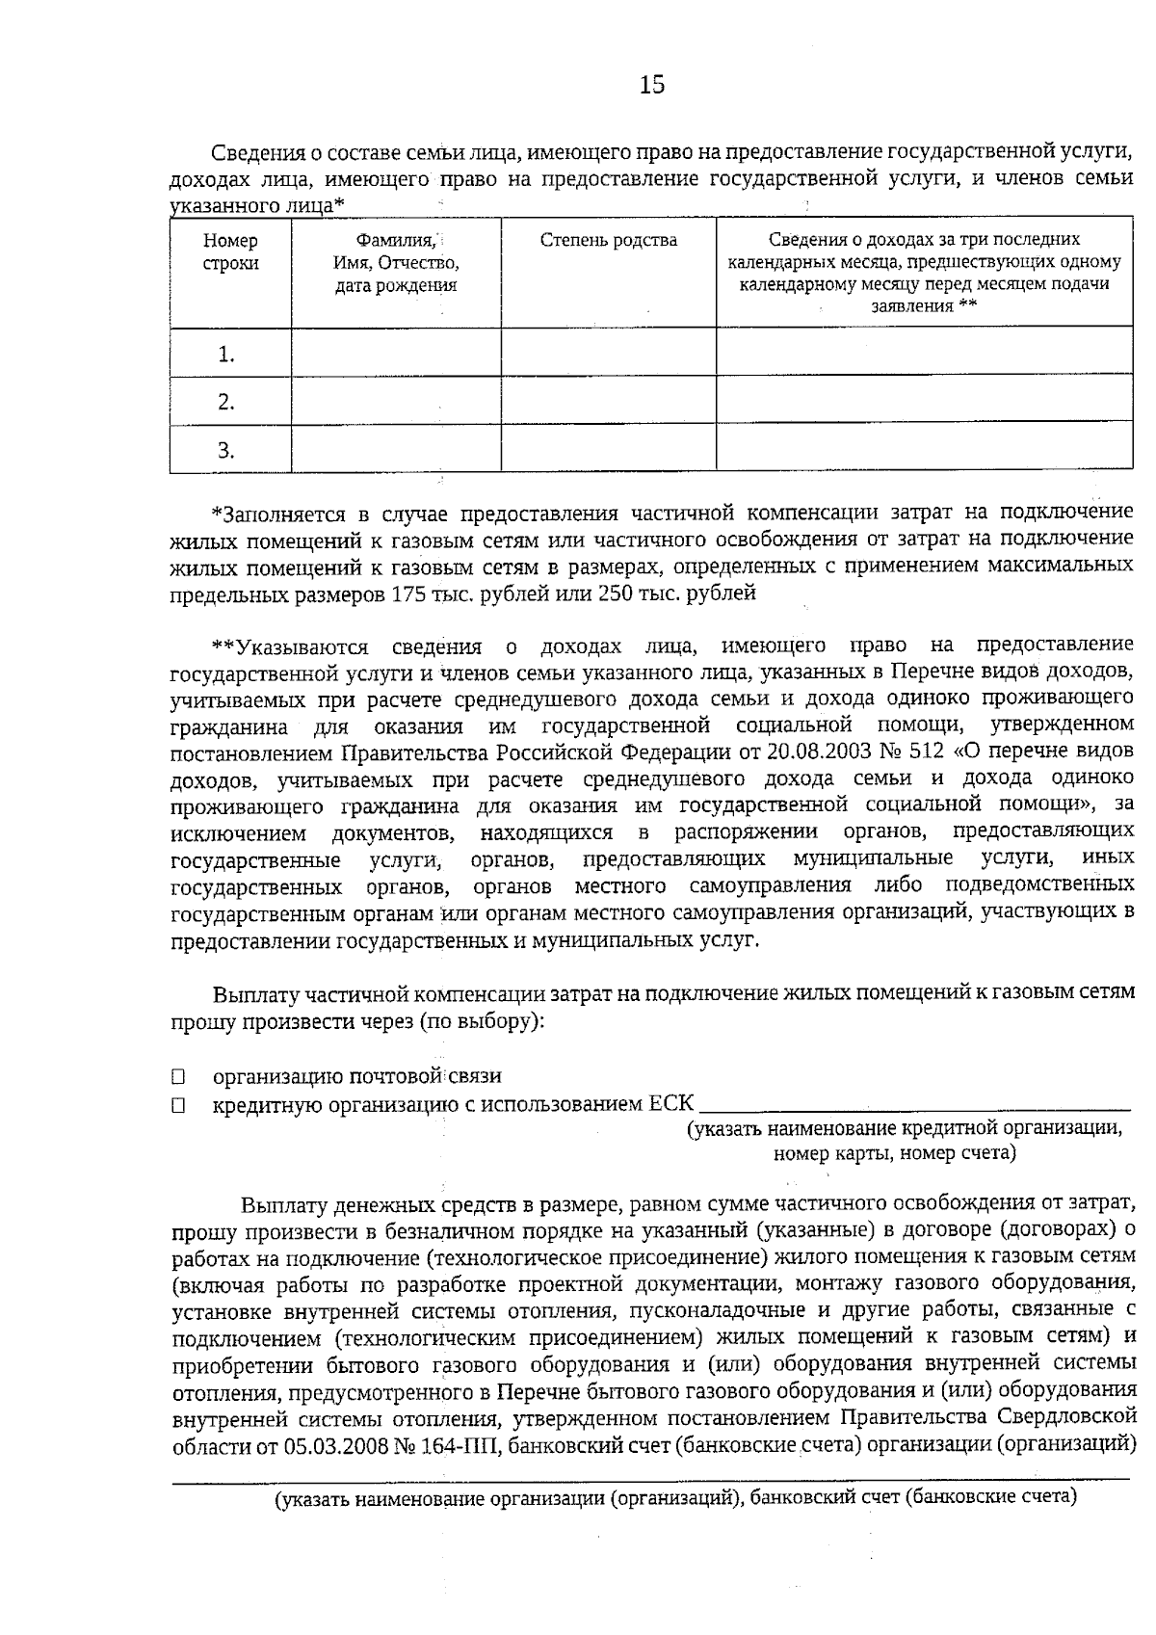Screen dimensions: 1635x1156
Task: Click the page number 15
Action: (652, 85)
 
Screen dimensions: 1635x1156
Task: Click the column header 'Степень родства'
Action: (608, 241)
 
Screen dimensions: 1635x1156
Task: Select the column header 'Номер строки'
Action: (230, 252)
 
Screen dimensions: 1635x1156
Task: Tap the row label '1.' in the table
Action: (226, 355)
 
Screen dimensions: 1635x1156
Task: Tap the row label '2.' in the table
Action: (226, 402)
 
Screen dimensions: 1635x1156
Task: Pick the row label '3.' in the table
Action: (226, 450)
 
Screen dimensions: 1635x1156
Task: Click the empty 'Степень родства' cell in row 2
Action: (608, 399)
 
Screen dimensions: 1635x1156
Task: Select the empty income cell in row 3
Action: (924, 448)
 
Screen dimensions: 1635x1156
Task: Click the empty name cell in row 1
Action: (395, 353)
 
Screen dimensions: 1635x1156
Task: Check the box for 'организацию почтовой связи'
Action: (178, 1077)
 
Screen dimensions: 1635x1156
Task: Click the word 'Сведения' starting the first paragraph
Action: (253, 153)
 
